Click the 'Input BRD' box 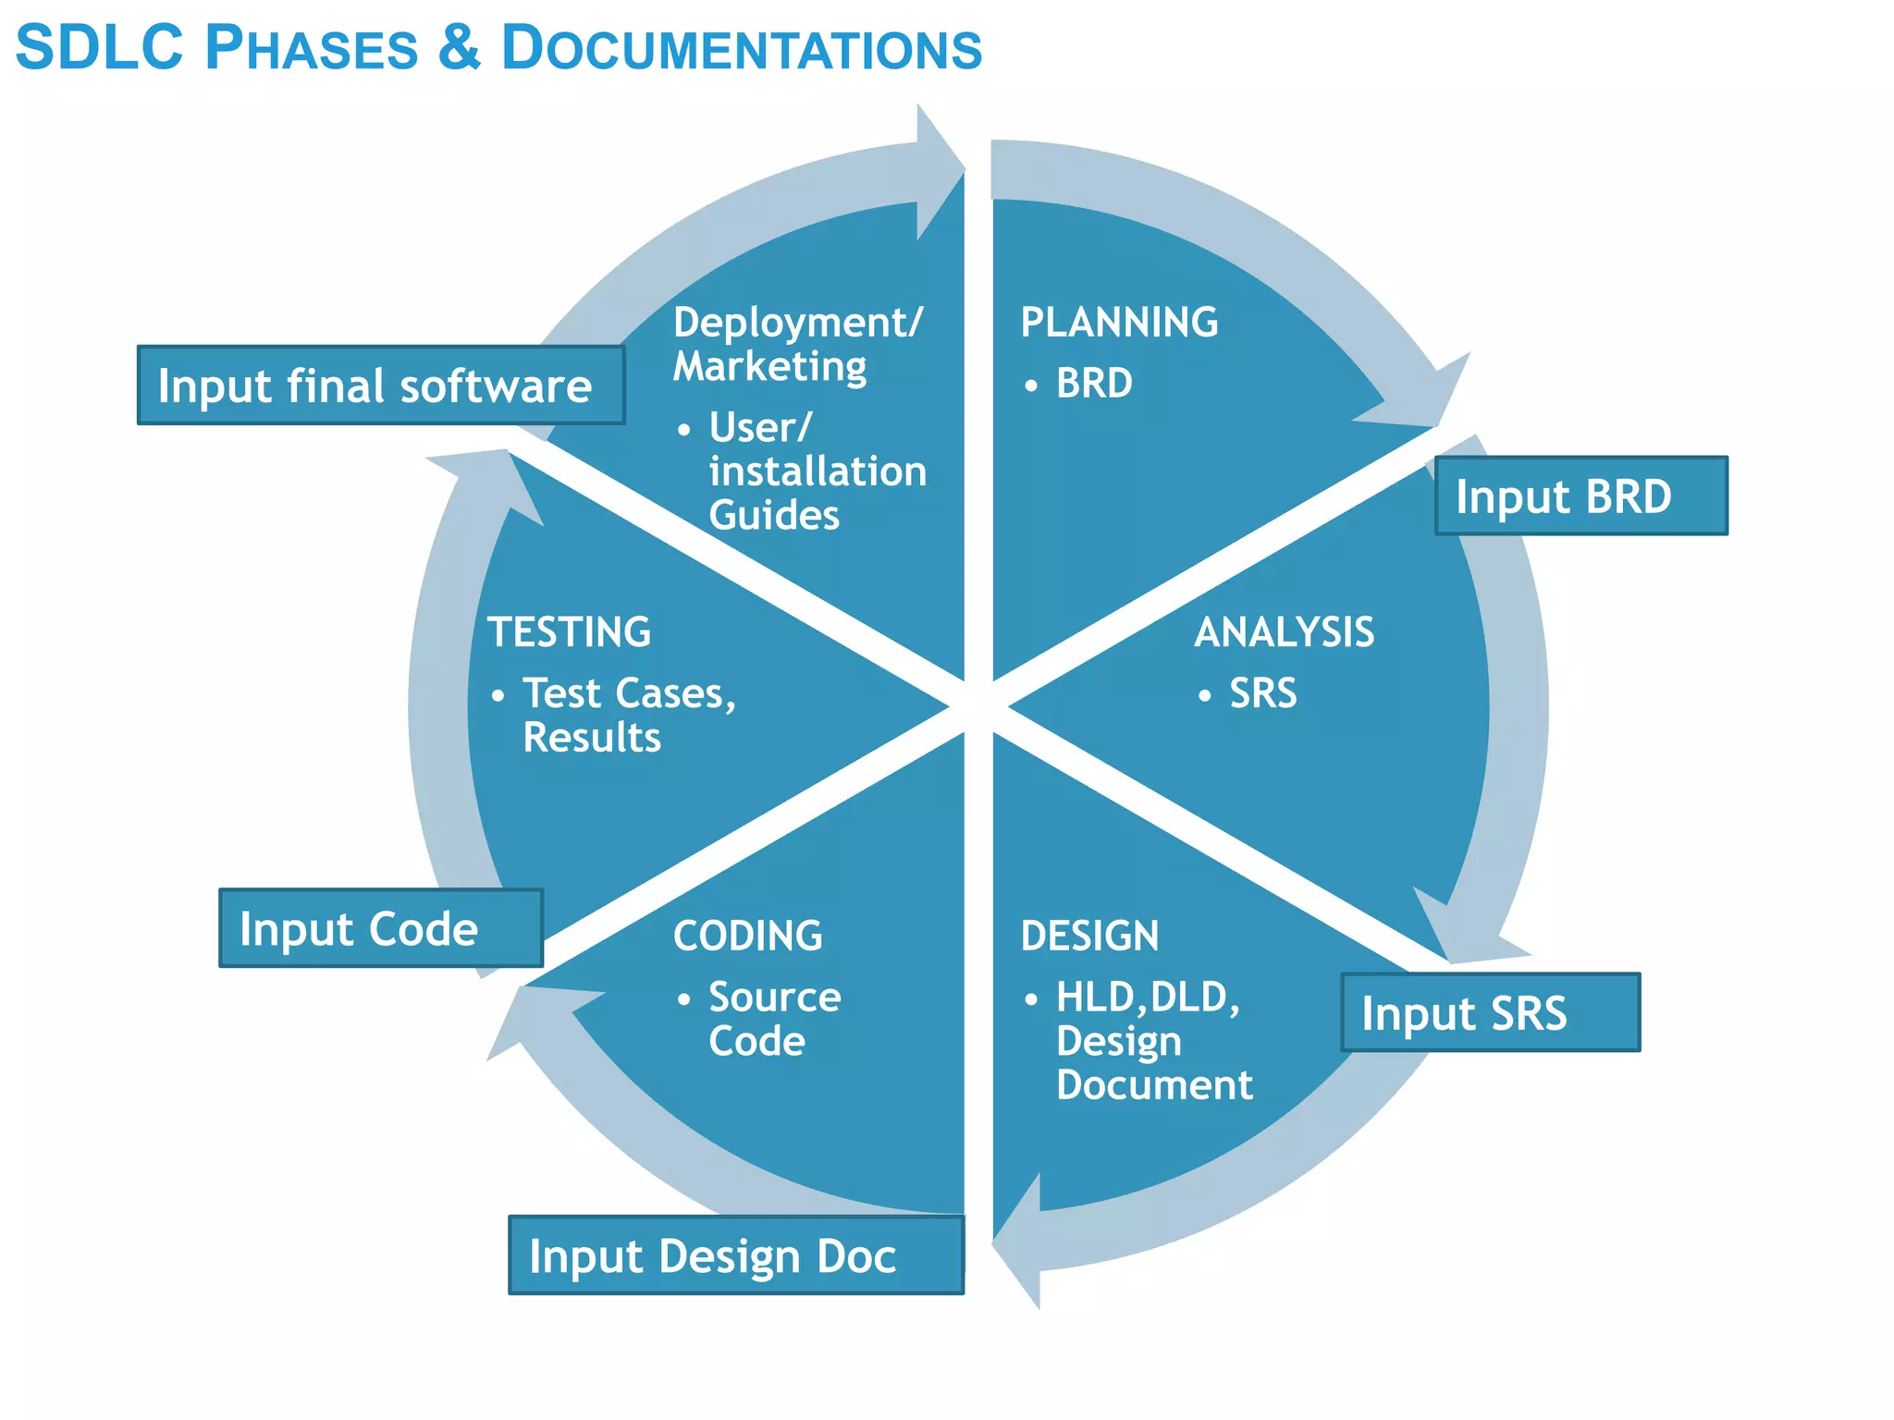(x=1580, y=496)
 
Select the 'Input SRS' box (x=1490, y=1013)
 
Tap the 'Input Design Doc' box (x=735, y=1256)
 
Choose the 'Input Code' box (x=380, y=929)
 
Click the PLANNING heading (x=1119, y=323)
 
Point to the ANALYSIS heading (x=1284, y=633)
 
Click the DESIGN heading (x=1089, y=936)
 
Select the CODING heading (x=747, y=936)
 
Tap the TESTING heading (x=570, y=633)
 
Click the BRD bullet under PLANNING (x=1094, y=384)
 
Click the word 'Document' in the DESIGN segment (x=1154, y=1085)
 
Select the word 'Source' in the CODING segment (x=775, y=998)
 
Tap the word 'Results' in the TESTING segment (x=592, y=738)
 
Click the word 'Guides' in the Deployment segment (x=774, y=516)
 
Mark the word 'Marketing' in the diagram (x=769, y=367)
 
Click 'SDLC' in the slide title (x=100, y=48)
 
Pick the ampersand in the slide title (x=460, y=48)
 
